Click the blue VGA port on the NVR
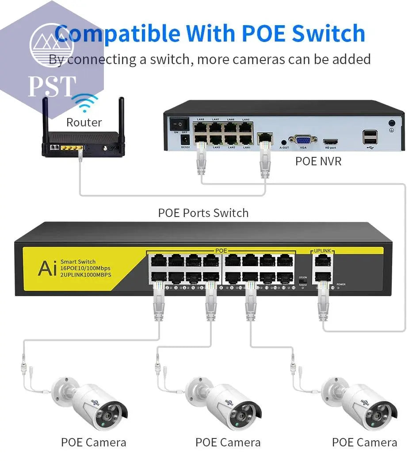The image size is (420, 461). (303, 139)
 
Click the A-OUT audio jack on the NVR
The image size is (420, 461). (284, 142)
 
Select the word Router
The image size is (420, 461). (84, 122)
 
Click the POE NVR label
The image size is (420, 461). (318, 161)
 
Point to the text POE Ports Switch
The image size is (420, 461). (203, 213)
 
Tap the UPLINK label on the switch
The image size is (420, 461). (322, 251)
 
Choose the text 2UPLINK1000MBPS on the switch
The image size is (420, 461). (86, 274)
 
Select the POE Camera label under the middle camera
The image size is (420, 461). (228, 442)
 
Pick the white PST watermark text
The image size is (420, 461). (52, 87)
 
